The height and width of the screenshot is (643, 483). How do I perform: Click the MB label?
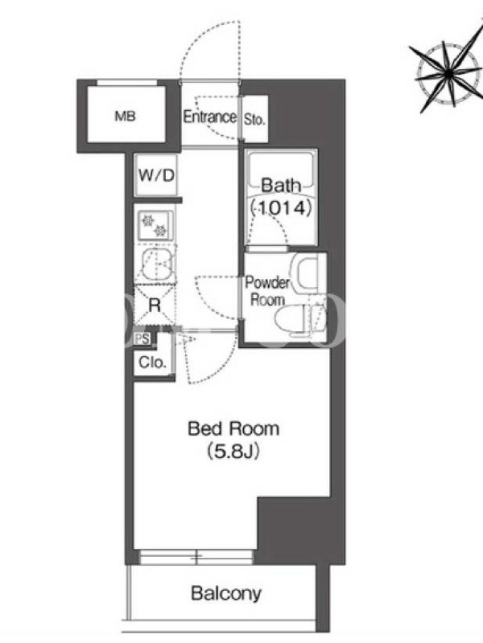coord(126,117)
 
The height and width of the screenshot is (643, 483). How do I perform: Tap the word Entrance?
coord(210,117)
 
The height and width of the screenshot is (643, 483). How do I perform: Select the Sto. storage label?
coord(254,119)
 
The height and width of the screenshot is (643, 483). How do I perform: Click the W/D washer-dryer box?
coord(156,175)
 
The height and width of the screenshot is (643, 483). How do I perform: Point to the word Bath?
coord(281,186)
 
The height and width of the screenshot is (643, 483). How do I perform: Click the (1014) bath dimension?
coord(281,208)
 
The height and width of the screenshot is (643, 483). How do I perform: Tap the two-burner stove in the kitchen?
coord(155,226)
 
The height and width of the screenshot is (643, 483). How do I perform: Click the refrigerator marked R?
coord(155,305)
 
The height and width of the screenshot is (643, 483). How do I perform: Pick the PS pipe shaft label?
coord(142,339)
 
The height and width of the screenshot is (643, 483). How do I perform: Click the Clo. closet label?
coord(153,362)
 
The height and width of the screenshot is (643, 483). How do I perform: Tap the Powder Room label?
coord(267,292)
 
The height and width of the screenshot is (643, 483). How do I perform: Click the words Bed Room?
coord(233,429)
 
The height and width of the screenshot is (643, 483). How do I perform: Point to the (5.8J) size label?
coord(233,452)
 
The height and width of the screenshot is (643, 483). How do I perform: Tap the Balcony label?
coord(226,593)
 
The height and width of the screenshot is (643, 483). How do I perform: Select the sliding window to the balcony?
coord(196,557)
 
